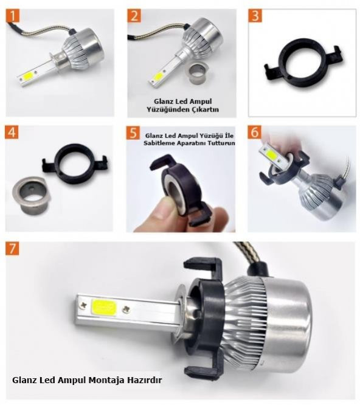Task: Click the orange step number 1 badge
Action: click(13, 16)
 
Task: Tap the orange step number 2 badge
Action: click(134, 16)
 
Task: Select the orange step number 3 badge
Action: click(255, 16)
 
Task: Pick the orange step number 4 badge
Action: click(12, 133)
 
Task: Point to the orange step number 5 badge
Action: click(133, 133)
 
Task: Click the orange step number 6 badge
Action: click(254, 132)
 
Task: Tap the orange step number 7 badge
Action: click(12, 249)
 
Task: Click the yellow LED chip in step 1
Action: click(29, 76)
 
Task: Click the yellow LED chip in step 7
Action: click(104, 308)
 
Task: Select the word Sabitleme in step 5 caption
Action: click(159, 143)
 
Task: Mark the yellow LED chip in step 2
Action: click(157, 76)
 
